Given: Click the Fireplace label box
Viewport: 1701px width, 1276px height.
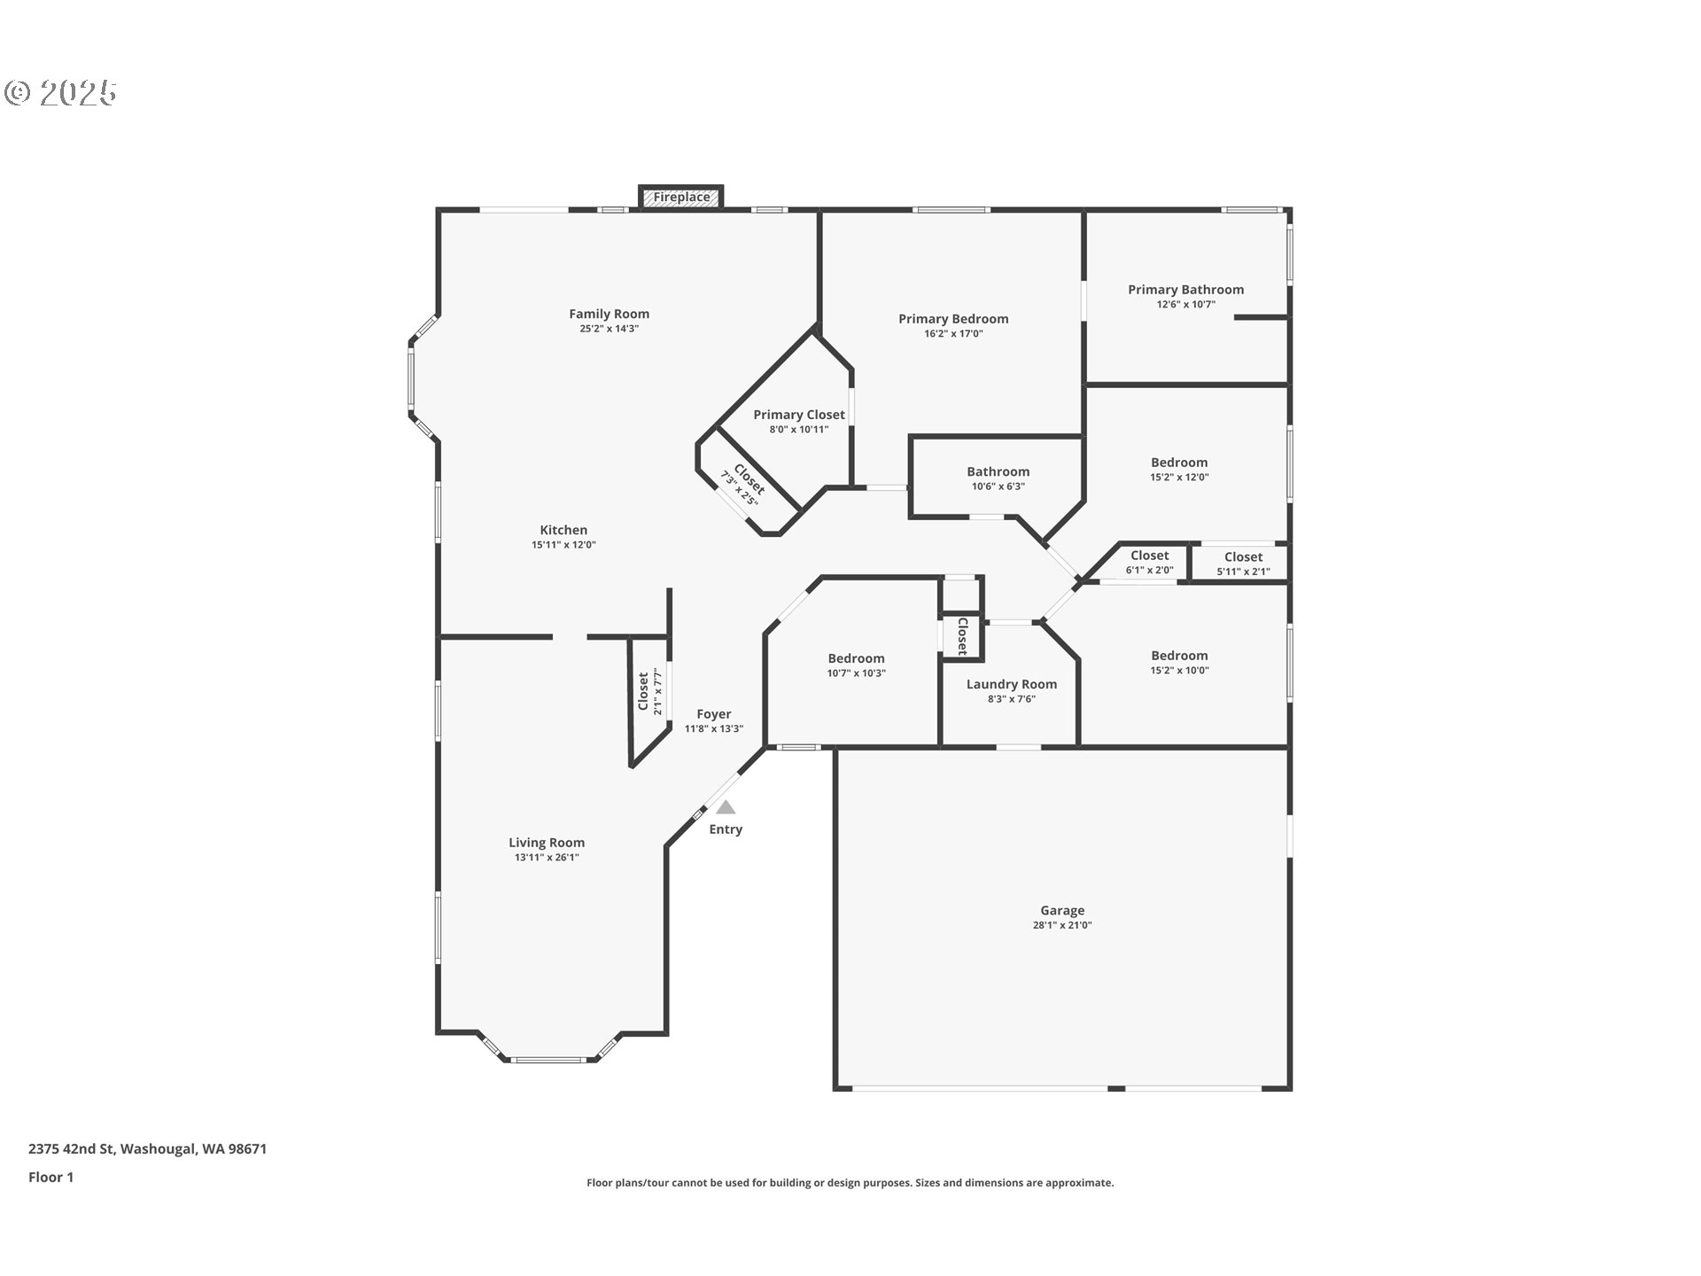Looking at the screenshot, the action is coord(681,197).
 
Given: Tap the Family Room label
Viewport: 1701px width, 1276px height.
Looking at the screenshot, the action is coord(610,314).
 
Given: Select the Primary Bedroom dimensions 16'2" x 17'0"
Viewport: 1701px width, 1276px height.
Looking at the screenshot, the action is coord(953,334).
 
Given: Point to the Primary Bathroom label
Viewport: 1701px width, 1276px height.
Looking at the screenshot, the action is coord(1185,290).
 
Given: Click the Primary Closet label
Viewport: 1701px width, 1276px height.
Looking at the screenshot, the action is coord(799,415).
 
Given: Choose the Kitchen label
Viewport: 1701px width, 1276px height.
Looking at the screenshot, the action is coord(563,530).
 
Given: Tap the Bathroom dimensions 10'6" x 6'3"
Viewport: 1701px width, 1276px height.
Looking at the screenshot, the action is coord(998,486).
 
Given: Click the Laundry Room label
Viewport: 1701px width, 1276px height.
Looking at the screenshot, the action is coord(1012,684).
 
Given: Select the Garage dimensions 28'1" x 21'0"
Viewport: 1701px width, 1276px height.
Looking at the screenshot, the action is coord(1062,925).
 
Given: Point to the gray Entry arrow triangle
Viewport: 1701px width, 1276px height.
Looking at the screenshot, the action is coord(726,807).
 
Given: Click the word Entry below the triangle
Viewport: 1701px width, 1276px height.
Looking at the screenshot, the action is coord(726,829).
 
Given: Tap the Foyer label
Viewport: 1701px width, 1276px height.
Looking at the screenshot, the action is coord(714,714).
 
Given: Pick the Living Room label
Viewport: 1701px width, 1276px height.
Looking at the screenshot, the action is coord(547,843).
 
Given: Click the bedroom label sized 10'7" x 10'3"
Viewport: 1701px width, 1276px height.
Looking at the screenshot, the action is coord(857,658).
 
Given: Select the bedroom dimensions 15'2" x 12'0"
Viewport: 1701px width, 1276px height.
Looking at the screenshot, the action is coord(1179,477).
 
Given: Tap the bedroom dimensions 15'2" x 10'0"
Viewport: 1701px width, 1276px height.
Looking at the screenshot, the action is coord(1179,671).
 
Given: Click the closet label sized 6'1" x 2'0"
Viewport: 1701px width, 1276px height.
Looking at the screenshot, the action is coord(1150,556).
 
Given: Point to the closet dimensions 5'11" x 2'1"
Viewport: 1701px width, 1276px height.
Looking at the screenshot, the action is coord(1243,572).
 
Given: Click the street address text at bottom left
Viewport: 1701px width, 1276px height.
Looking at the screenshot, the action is coord(147,1149).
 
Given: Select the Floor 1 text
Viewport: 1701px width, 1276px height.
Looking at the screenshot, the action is coord(50,1178).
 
